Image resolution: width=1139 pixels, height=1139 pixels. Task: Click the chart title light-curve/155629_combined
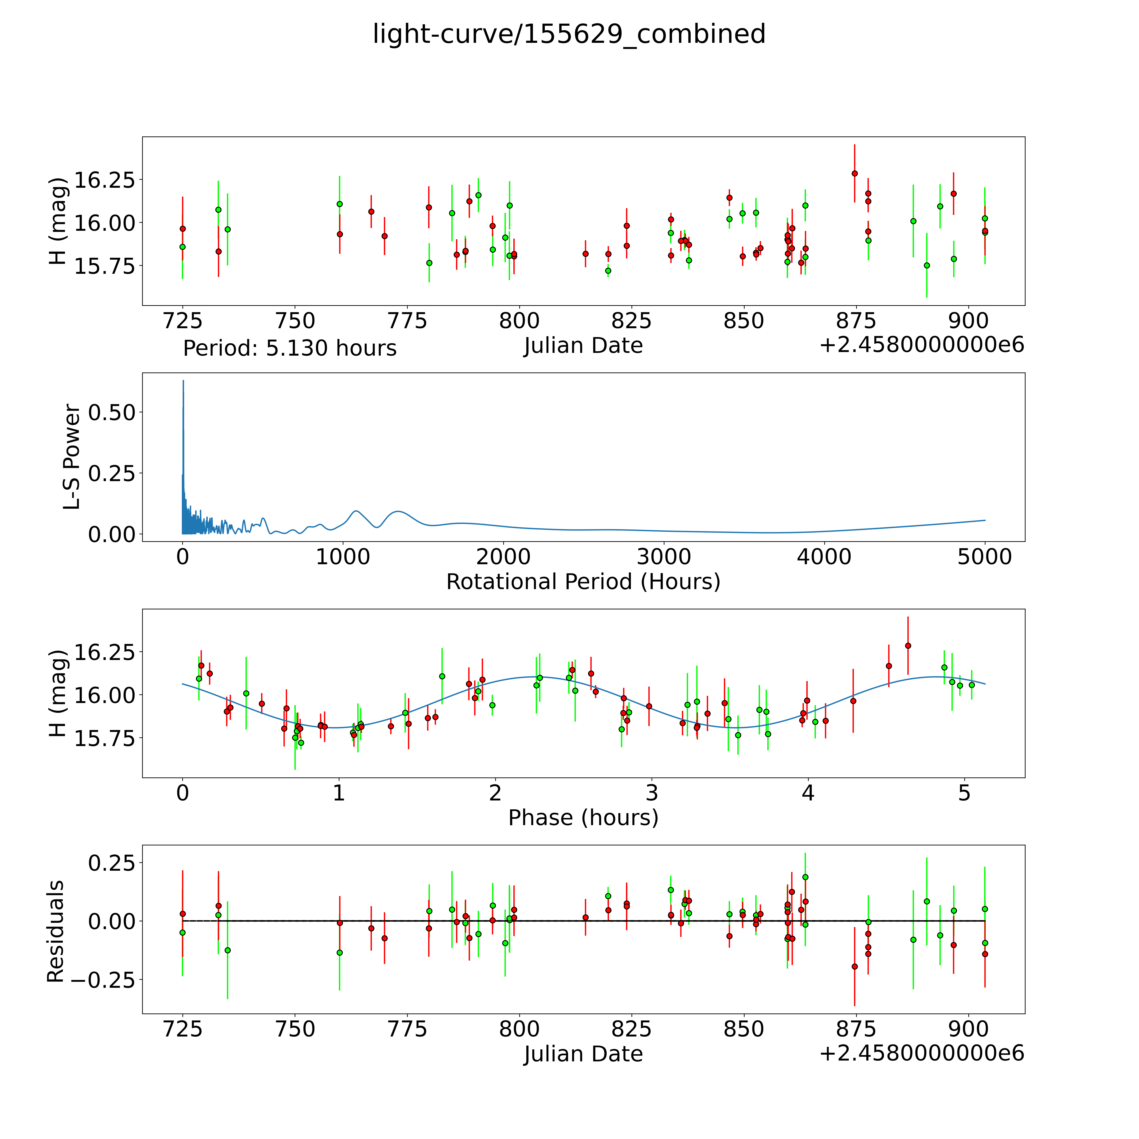point(569,34)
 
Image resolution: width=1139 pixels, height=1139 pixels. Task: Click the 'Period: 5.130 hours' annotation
point(289,348)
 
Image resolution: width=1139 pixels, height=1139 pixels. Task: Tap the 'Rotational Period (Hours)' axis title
point(583,582)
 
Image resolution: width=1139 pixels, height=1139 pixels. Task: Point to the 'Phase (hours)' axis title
point(583,818)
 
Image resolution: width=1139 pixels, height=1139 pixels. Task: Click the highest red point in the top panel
point(854,173)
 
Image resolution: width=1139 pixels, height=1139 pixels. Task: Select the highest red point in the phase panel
point(908,646)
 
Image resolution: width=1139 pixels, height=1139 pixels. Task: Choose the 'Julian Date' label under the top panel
point(583,346)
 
